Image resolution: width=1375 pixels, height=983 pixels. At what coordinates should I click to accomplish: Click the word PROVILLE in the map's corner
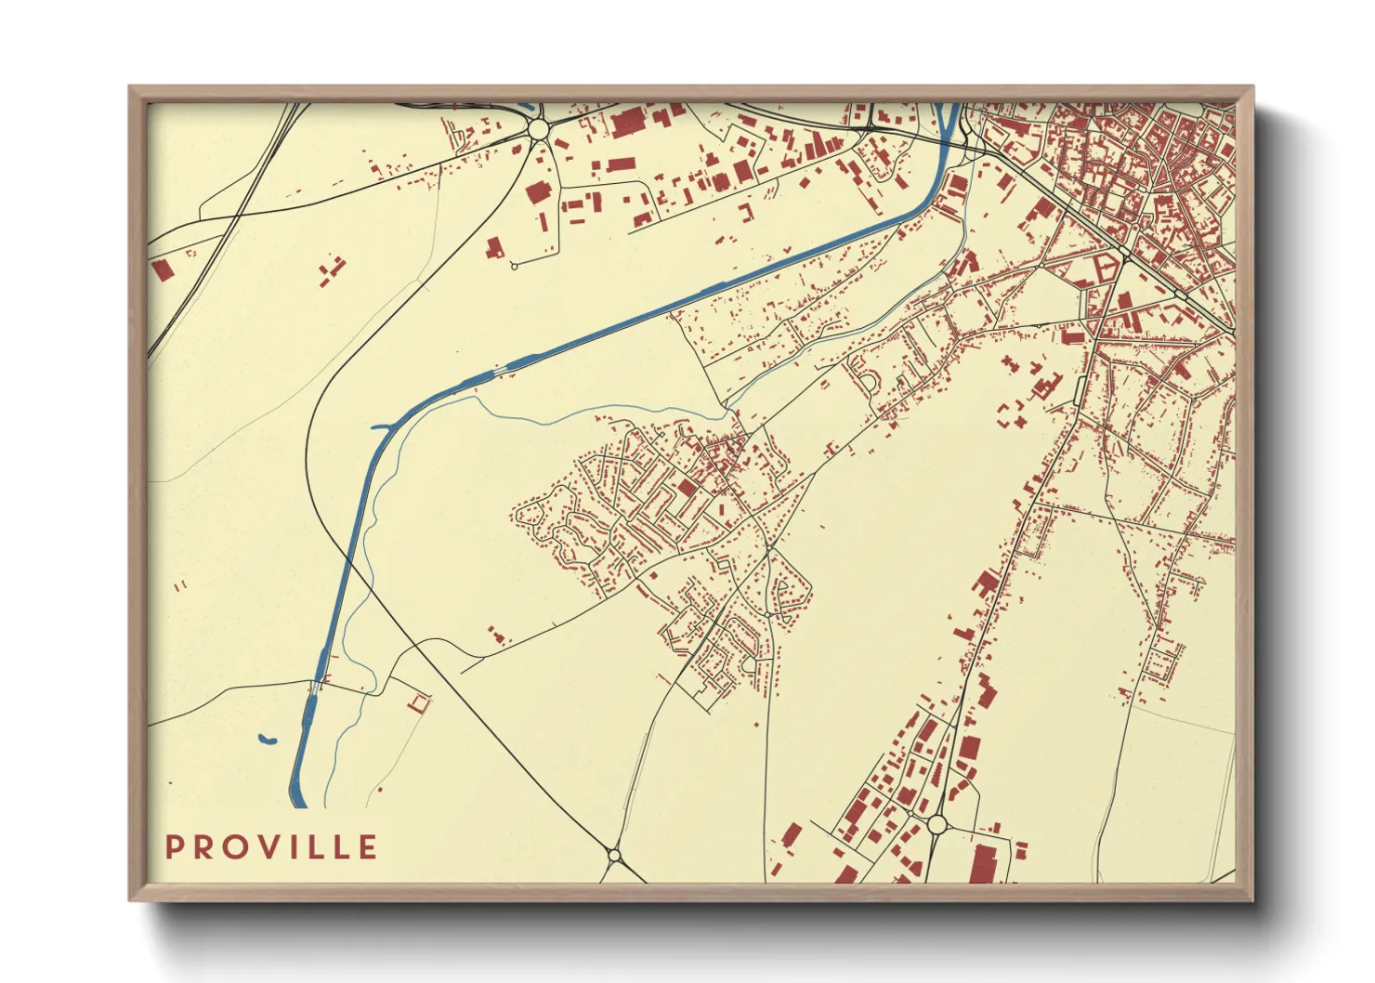271,847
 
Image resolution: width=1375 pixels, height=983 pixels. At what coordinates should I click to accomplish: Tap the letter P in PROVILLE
174,847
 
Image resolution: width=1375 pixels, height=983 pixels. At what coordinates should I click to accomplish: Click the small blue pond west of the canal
267,741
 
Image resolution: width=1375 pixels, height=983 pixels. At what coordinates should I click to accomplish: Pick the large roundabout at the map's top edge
538,130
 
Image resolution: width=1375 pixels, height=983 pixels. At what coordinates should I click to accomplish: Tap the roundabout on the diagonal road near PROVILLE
614,853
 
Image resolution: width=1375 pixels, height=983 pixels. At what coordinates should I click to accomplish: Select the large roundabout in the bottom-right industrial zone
936,823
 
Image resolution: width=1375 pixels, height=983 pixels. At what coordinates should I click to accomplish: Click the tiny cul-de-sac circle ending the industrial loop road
514,267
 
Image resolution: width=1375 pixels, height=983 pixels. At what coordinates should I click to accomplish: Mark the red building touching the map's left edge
163,270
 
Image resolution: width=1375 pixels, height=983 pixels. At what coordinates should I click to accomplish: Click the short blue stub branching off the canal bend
381,427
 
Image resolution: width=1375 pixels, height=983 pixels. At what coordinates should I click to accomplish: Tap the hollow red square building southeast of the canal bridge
421,702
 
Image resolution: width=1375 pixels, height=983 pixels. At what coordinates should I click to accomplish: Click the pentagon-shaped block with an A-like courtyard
1102,271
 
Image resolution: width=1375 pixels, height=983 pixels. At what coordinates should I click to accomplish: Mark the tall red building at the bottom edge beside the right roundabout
983,863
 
